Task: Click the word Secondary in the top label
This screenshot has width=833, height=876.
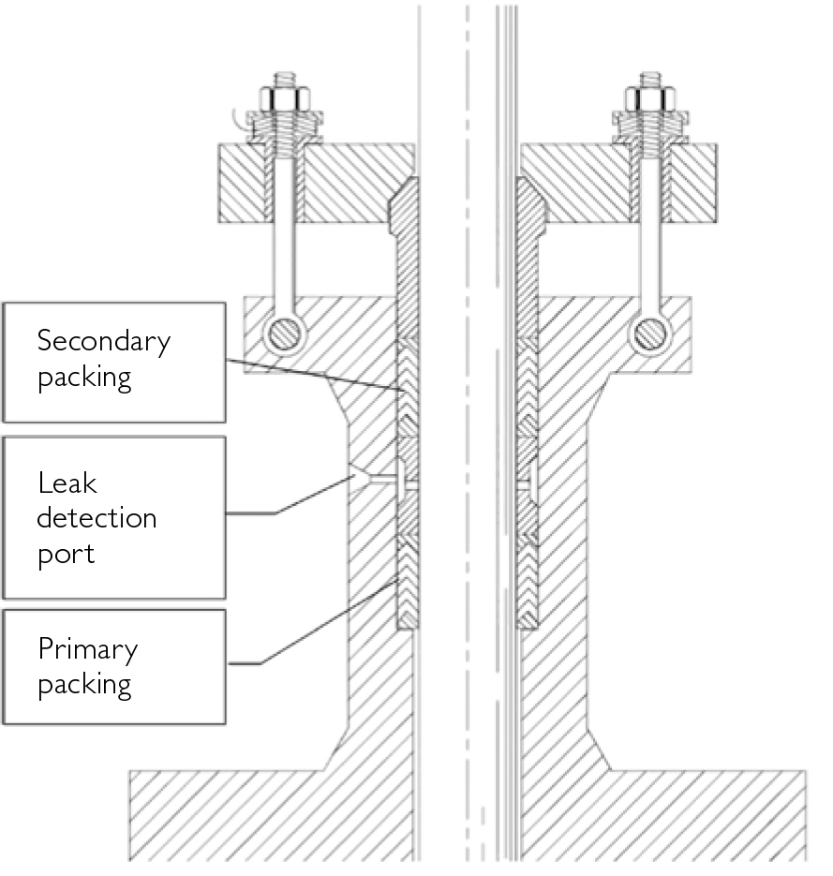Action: coord(103,342)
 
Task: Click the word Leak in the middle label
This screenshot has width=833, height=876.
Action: coord(67,483)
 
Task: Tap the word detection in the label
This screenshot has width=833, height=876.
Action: coord(97,517)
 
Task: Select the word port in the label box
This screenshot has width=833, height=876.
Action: coord(66,553)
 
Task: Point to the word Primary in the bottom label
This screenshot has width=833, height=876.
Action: coord(87,649)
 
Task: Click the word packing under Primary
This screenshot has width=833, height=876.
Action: coord(83,684)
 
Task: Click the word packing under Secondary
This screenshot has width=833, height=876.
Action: coord(83,378)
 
